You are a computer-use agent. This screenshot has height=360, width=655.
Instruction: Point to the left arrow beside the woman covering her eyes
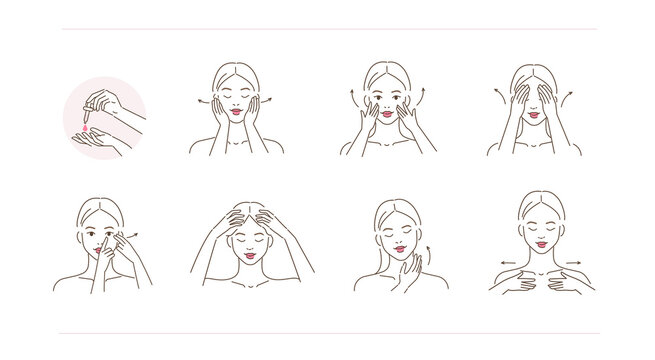pyautogui.click(x=497, y=94)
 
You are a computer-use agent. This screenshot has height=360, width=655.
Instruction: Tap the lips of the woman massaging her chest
pyautogui.click(x=540, y=244)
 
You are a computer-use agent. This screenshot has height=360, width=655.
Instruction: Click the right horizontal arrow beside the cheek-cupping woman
pyautogui.click(x=271, y=102)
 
